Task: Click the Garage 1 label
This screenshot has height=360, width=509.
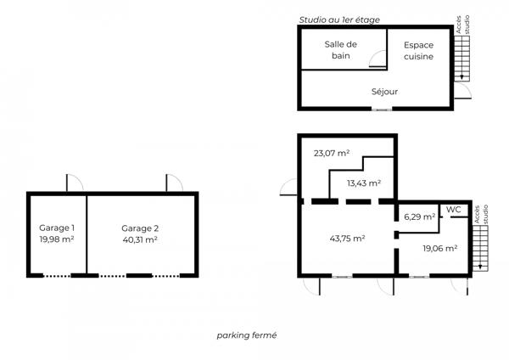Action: [57, 228]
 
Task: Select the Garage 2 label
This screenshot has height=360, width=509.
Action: [140, 228]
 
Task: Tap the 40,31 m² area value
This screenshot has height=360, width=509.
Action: [140, 239]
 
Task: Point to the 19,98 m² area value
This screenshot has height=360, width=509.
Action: [57, 239]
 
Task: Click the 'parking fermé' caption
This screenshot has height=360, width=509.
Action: [247, 335]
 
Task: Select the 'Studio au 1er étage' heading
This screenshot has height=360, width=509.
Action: [339, 20]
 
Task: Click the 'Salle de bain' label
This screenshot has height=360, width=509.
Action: [341, 50]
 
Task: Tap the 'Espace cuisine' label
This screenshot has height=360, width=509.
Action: [419, 51]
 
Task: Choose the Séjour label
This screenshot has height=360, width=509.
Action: [384, 92]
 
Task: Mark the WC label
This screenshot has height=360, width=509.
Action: [454, 210]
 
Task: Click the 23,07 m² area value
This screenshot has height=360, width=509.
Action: [332, 153]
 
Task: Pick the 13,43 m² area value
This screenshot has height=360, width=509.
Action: [364, 183]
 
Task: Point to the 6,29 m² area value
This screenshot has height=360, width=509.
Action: [419, 217]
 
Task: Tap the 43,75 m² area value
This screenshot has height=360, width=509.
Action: [347, 239]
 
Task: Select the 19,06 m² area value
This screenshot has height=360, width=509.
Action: [439, 249]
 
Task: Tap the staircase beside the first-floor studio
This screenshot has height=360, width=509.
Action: [461, 59]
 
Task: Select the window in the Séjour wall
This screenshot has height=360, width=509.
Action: [382, 110]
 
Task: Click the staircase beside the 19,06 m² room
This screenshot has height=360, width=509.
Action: [480, 248]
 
